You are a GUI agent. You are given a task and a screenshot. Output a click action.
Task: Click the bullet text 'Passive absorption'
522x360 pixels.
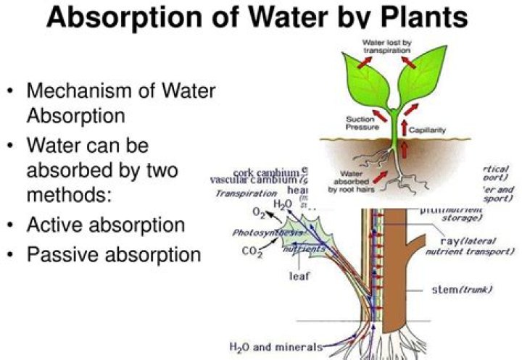[x=113, y=255]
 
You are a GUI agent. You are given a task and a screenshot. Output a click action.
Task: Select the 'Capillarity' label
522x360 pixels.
[x=428, y=131]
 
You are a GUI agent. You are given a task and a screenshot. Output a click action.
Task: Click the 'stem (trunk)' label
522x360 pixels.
[x=462, y=290]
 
